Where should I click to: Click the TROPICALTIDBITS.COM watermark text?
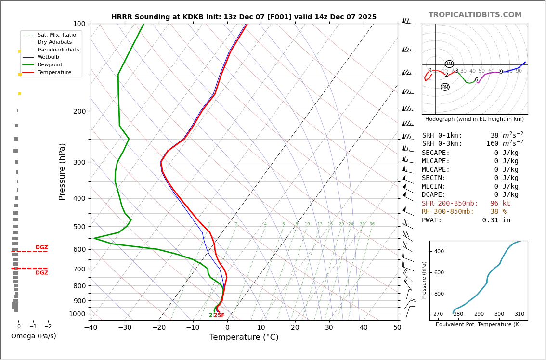[475, 15]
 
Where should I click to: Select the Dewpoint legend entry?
[50, 64]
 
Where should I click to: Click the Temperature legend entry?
[54, 72]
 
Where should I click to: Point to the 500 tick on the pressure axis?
[79, 227]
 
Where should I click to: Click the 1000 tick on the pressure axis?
[78, 314]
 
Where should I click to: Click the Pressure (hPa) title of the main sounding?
[62, 171]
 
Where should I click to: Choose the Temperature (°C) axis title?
[244, 337]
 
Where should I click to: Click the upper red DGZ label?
[41, 247]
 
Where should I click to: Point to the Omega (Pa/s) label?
[33, 336]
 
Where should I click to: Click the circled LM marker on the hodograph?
[449, 64]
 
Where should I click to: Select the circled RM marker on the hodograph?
[445, 87]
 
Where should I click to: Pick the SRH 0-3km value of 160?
[494, 144]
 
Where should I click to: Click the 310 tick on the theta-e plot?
[519, 314]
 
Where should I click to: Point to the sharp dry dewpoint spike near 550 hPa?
[95, 238]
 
